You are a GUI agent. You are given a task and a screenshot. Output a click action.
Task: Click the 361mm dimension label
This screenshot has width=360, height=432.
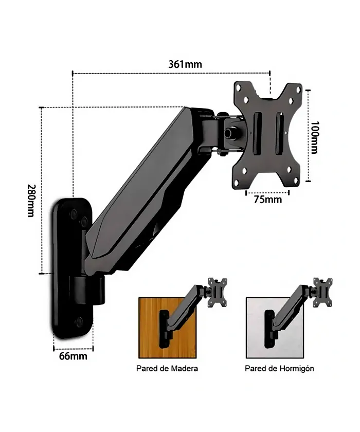click(185, 64)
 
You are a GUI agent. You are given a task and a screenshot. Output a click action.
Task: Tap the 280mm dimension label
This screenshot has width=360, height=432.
click(31, 201)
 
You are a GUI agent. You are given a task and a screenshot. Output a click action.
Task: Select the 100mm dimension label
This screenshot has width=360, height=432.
click(314, 137)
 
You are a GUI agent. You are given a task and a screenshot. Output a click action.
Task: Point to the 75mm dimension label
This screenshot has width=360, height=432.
click(268, 199)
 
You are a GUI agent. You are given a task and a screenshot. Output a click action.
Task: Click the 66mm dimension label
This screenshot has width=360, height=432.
click(73, 356)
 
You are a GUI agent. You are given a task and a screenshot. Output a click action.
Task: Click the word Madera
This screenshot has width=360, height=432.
click(184, 368)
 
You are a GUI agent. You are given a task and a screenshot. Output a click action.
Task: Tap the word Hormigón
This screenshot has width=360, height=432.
click(297, 369)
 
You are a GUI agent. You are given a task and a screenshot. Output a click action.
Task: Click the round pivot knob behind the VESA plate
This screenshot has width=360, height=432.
click(229, 133)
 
